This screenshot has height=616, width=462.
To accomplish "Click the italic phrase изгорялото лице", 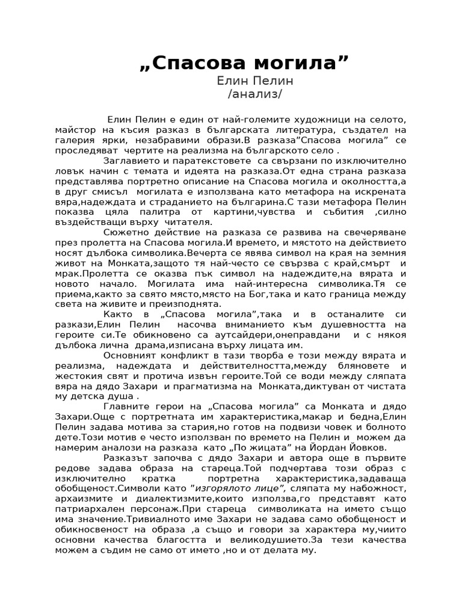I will click(237, 488).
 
